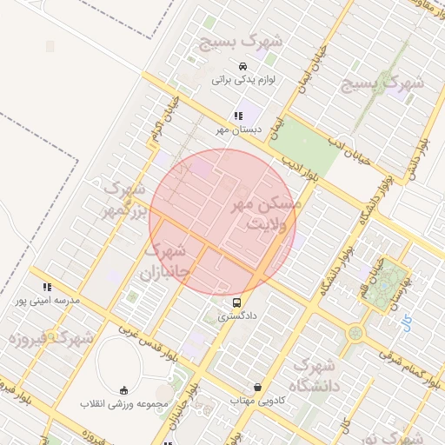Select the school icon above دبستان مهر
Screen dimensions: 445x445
point(237,116)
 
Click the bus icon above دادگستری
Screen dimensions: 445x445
point(237,302)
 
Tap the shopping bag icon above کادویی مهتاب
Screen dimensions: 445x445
point(257,387)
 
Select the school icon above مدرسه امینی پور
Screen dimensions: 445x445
point(47,287)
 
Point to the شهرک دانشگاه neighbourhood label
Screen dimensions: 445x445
point(315,375)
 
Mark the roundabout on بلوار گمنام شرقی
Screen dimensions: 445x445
point(355,332)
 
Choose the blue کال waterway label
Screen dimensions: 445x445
point(408,325)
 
